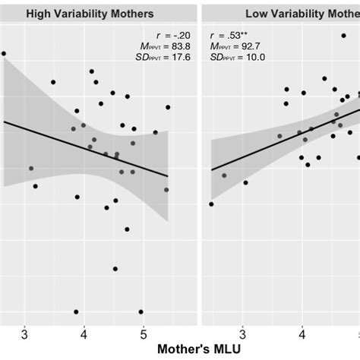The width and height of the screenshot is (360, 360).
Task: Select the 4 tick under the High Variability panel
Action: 84,335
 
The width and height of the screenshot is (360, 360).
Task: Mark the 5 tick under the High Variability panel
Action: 144,335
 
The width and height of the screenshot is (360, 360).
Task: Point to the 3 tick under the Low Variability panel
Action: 242,335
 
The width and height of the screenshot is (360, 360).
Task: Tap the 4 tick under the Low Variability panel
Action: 302,335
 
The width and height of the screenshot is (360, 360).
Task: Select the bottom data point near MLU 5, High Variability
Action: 141,311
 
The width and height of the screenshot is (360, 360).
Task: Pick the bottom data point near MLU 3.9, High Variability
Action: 76,311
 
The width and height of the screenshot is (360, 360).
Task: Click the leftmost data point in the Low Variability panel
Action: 211,204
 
